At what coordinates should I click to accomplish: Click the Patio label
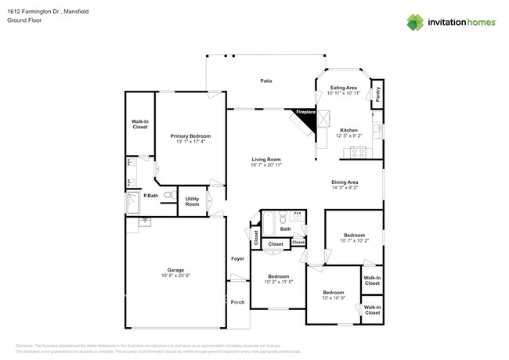pyautogui.click(x=266, y=81)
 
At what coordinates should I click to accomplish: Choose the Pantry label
pyautogui.click(x=377, y=95)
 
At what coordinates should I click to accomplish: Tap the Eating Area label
pyautogui.click(x=344, y=88)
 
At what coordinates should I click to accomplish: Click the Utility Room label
pyautogui.click(x=192, y=201)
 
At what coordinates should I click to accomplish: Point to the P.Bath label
pyautogui.click(x=151, y=195)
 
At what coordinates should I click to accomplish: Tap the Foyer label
pyautogui.click(x=237, y=258)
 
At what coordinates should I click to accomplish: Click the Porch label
pyautogui.click(x=237, y=301)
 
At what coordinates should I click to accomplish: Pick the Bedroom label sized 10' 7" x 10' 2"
pyautogui.click(x=354, y=235)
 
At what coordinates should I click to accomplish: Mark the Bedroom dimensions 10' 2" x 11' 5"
pyautogui.click(x=279, y=283)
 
